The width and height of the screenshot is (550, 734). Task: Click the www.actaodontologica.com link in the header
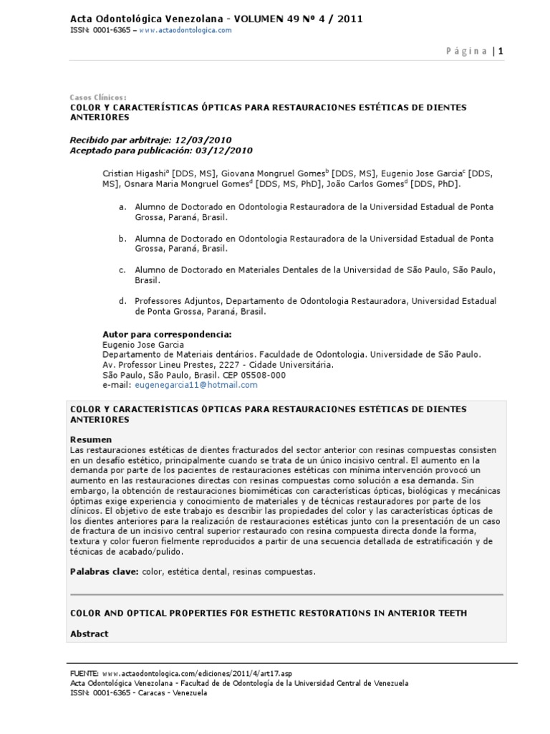(185, 30)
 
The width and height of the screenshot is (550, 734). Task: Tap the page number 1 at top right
(501, 51)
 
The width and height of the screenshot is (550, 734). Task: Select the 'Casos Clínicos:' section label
(98, 97)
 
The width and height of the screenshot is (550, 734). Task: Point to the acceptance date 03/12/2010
(227, 151)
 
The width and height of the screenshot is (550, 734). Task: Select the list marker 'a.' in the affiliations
(122, 206)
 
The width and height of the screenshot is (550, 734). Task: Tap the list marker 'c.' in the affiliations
(122, 270)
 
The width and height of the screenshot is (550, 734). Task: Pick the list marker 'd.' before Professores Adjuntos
(122, 301)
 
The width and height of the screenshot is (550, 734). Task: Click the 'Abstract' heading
(89, 634)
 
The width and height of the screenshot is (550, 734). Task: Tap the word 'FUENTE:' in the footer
(85, 674)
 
